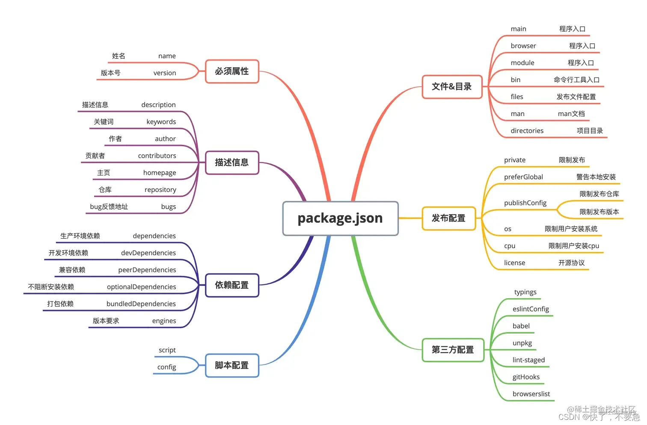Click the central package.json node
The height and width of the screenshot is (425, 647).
coord(340,218)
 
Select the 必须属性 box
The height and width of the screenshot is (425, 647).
coord(232,71)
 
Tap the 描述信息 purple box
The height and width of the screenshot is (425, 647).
coord(232,162)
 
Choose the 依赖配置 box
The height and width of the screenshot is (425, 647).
coord(232,285)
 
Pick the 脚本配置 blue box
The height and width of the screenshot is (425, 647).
coord(232,365)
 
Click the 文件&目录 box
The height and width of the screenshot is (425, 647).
coord(452,87)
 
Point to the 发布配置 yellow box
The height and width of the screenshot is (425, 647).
coord(448,218)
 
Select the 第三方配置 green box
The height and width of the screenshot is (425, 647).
coord(453,350)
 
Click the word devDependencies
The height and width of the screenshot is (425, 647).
coord(148,253)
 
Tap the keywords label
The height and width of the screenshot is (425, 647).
coord(161,122)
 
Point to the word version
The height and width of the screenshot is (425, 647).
coord(165,73)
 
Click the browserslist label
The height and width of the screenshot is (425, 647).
coord(531,394)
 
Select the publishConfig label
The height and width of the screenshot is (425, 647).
coord(525,203)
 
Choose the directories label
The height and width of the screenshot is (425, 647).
coord(527,131)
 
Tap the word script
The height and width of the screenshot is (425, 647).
coord(167,350)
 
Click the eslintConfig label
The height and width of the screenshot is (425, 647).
coord(531,309)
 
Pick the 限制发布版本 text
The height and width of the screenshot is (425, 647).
coord(599,212)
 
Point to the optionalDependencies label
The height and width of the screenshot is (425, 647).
coord(141,287)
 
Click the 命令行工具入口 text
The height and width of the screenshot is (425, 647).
coord(576,80)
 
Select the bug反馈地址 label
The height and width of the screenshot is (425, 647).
coord(109,207)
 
